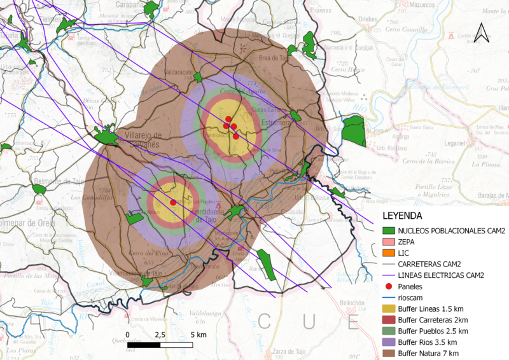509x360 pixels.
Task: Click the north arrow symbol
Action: coord(482,32)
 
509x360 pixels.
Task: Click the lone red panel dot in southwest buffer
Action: coord(173,202)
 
